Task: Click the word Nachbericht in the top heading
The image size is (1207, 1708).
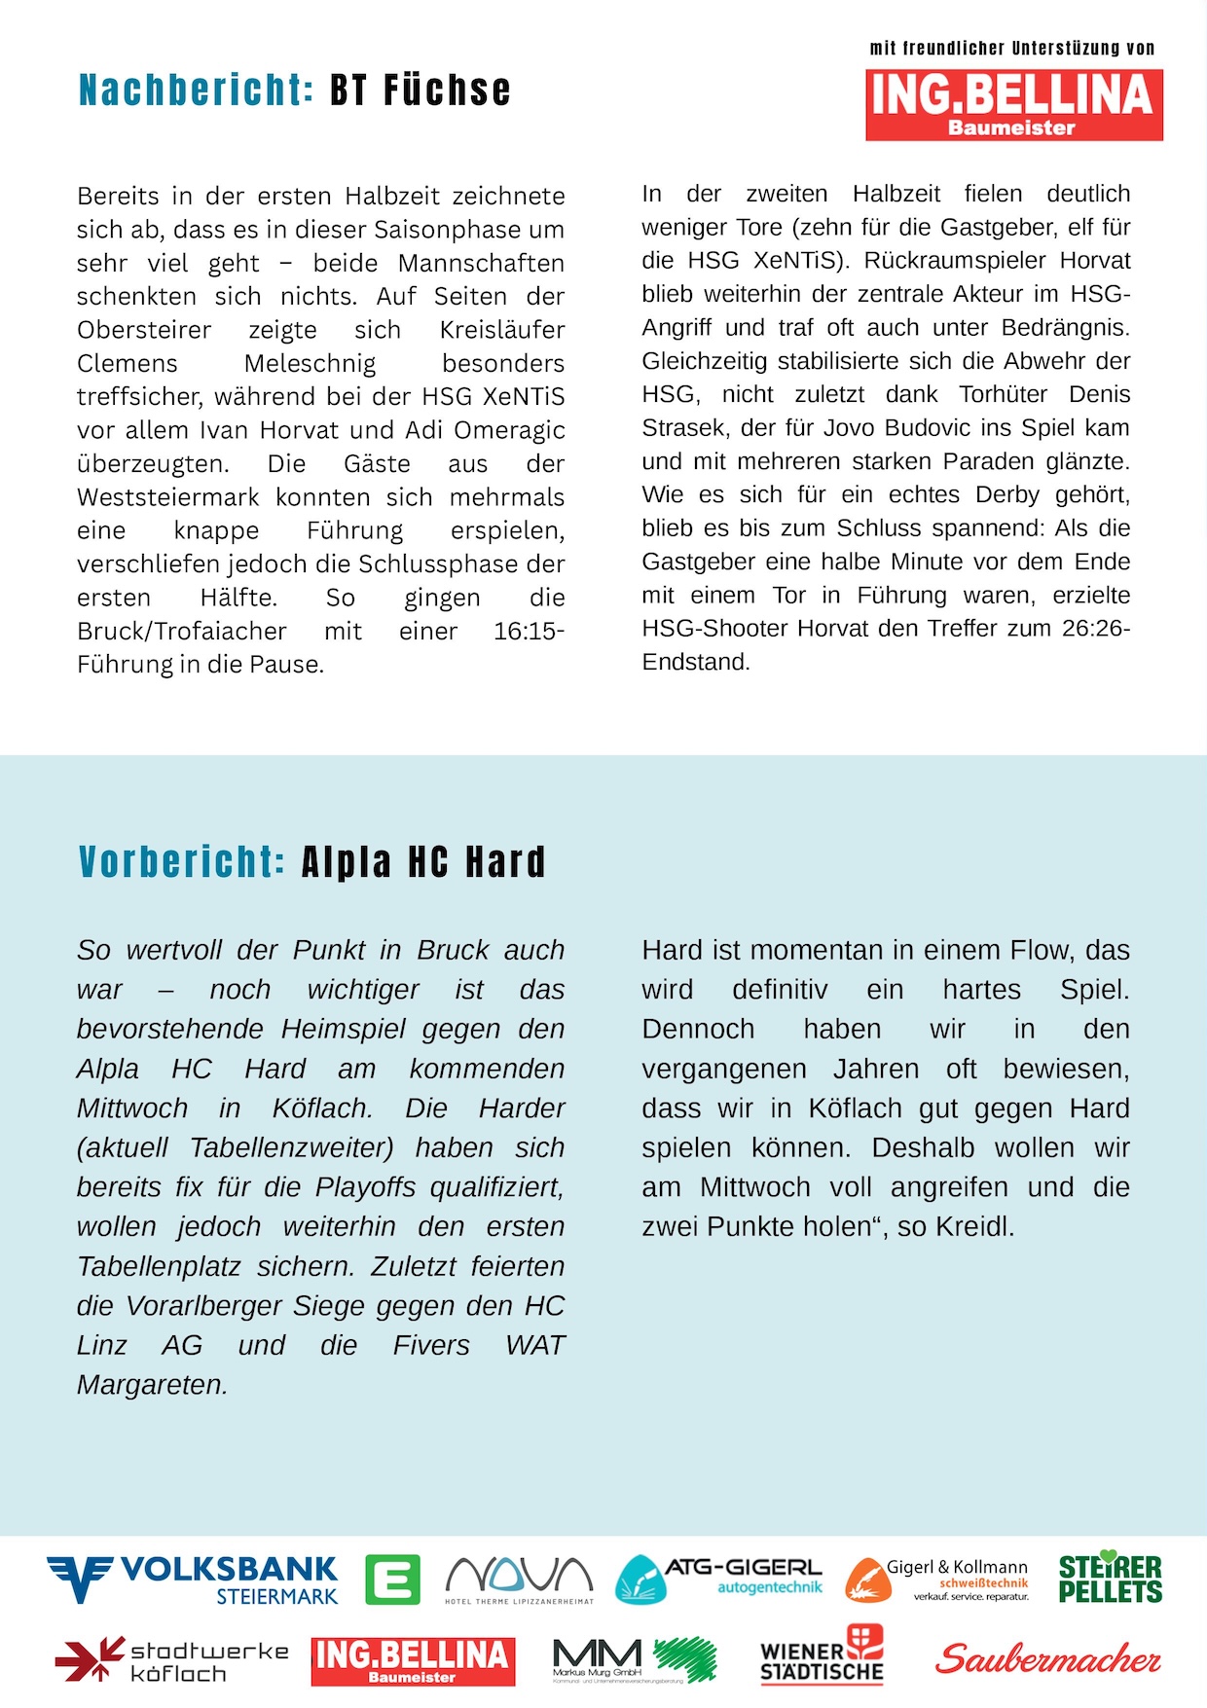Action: click(x=196, y=91)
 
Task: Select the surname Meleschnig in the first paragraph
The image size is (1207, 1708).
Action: click(x=310, y=364)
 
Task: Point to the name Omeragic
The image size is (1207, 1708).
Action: click(x=509, y=430)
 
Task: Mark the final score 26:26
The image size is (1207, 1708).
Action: click(x=1095, y=629)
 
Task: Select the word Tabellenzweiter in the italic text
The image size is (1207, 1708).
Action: click(x=291, y=1148)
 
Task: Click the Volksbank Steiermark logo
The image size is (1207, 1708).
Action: click(x=192, y=1579)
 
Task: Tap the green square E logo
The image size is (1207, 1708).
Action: click(x=392, y=1580)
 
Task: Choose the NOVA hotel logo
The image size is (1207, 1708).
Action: click(x=519, y=1579)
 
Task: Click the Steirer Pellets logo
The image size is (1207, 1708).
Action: click(x=1110, y=1578)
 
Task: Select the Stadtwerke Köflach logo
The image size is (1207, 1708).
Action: click(x=172, y=1660)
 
